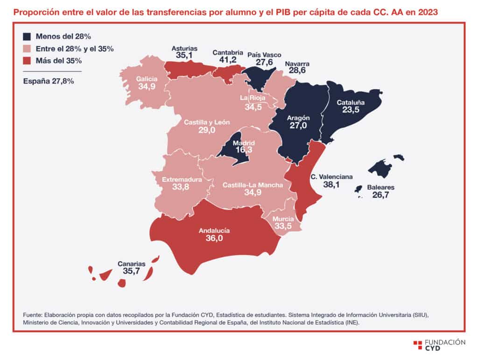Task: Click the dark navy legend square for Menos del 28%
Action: pyautogui.click(x=27, y=36)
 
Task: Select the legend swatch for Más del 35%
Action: pyautogui.click(x=27, y=61)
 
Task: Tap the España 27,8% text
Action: pyautogui.click(x=49, y=81)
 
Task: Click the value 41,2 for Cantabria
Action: pyautogui.click(x=228, y=60)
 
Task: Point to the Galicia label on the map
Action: pyautogui.click(x=147, y=79)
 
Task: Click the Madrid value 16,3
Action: pyautogui.click(x=244, y=150)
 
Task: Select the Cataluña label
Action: pyautogui.click(x=351, y=103)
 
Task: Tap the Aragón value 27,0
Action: pyautogui.click(x=298, y=125)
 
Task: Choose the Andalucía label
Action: pyautogui.click(x=214, y=230)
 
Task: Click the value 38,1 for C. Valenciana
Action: pyautogui.click(x=331, y=185)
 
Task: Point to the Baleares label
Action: pyautogui.click(x=380, y=187)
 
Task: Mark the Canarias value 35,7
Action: pyautogui.click(x=131, y=271)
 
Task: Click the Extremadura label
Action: pyautogui.click(x=182, y=180)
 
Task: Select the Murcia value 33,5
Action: pyautogui.click(x=283, y=226)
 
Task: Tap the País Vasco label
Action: pyautogui.click(x=264, y=55)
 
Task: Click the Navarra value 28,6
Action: pyautogui.click(x=297, y=70)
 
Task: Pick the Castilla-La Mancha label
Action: pyautogui.click(x=253, y=185)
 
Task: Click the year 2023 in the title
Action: pyautogui.click(x=428, y=12)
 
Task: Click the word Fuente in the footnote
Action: pyautogui.click(x=32, y=315)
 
